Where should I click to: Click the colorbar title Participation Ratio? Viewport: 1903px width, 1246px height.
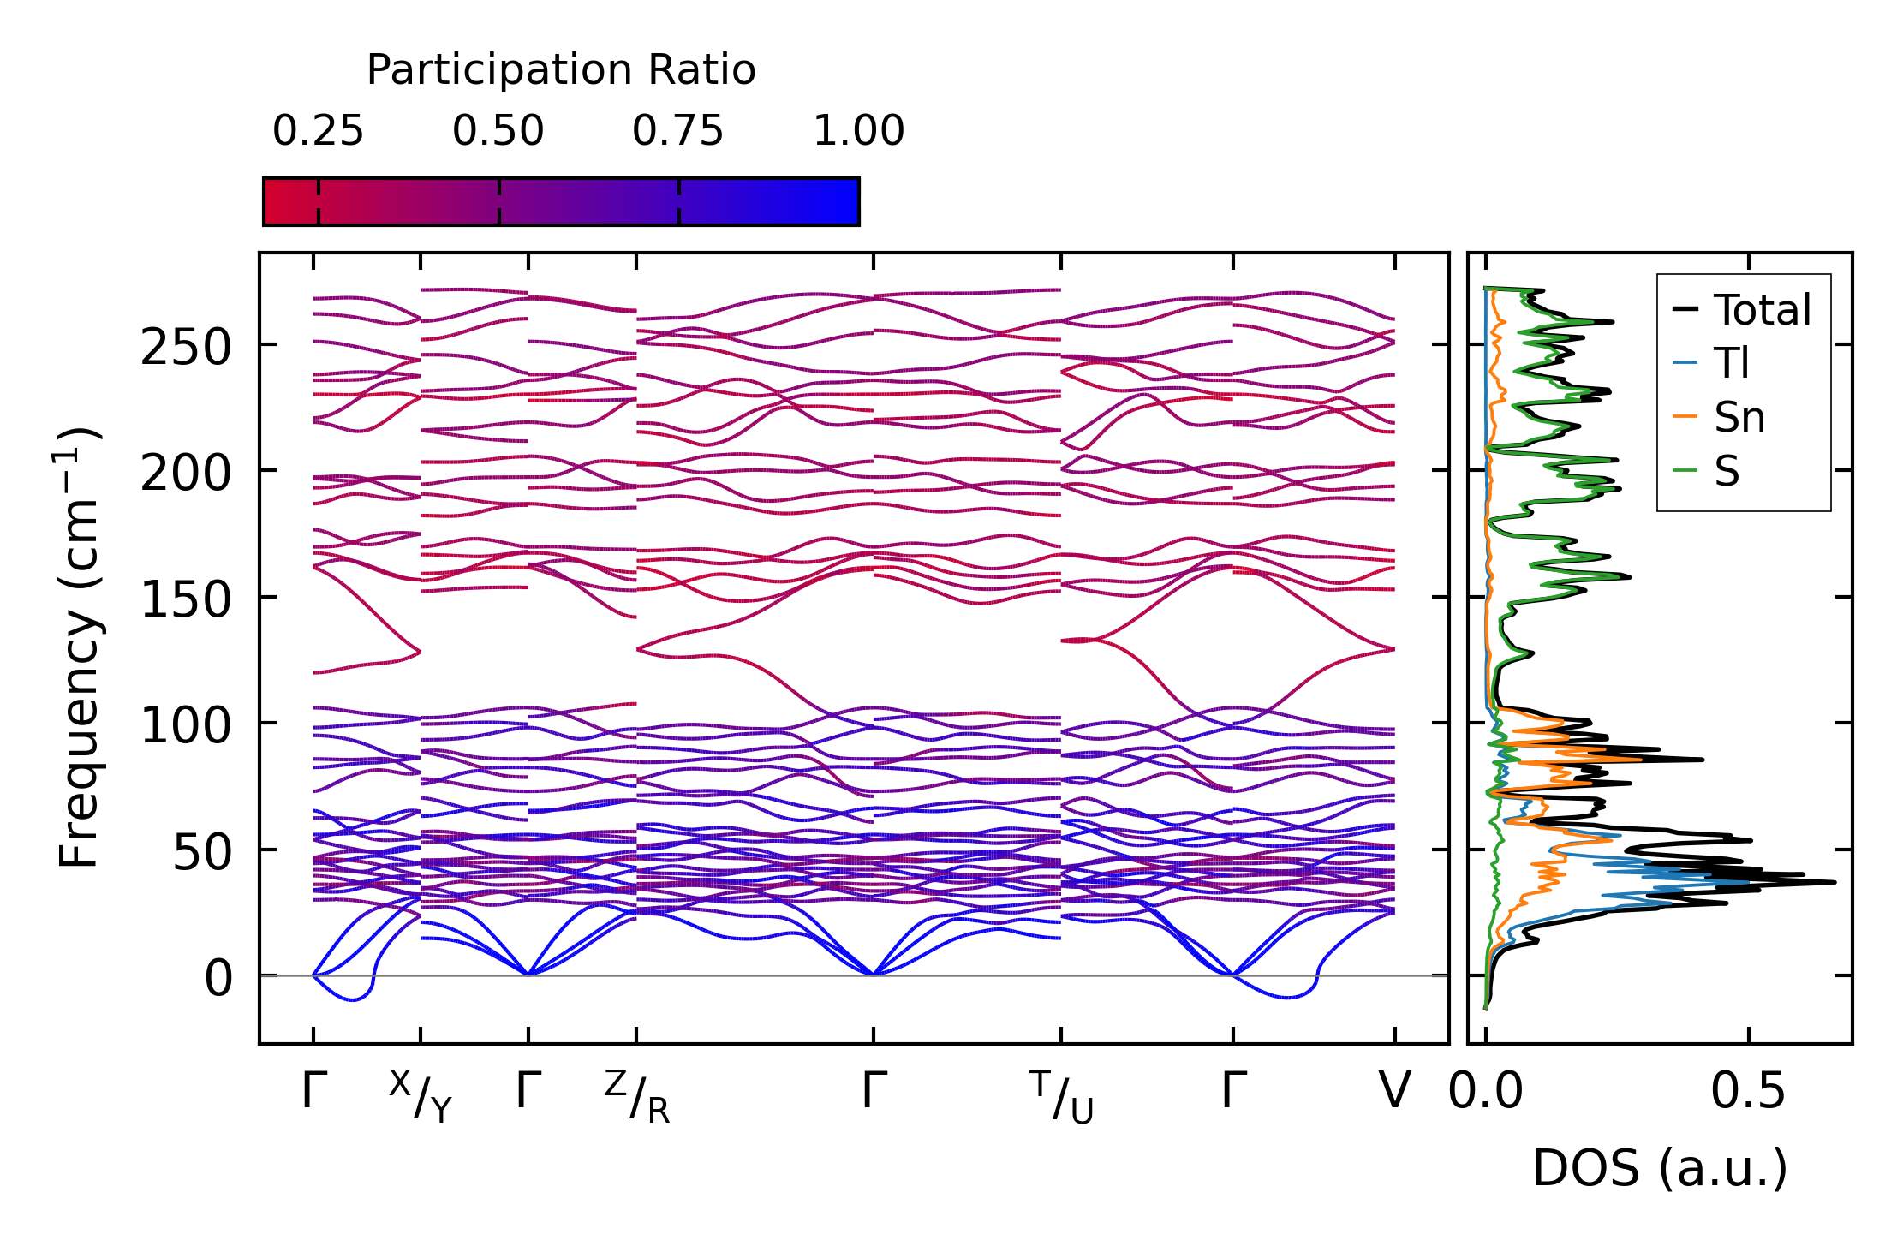click(561, 70)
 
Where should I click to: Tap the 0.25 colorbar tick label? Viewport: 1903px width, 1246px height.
click(318, 132)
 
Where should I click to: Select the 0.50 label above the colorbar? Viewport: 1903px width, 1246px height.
click(498, 132)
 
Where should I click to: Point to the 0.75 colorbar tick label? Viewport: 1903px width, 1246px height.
click(678, 132)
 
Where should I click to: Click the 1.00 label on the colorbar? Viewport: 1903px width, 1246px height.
click(858, 132)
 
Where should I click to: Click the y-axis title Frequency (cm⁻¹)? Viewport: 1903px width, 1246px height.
click(79, 647)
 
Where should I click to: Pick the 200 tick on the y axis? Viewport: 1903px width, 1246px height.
click(186, 474)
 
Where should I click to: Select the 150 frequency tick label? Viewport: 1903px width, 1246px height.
click(186, 600)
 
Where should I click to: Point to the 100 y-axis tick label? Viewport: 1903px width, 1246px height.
click(186, 726)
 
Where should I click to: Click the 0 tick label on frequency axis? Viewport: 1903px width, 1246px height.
click(218, 979)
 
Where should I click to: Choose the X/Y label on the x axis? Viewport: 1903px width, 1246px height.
click(421, 1097)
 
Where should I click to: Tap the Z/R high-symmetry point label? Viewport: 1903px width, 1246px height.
click(637, 1097)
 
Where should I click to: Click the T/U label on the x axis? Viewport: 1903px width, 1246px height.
click(1062, 1097)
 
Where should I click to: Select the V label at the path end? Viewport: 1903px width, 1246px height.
click(1394, 1092)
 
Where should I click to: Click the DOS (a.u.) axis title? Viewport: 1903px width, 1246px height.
click(1660, 1169)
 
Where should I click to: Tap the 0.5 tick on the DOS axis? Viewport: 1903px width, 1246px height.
click(1748, 1092)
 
